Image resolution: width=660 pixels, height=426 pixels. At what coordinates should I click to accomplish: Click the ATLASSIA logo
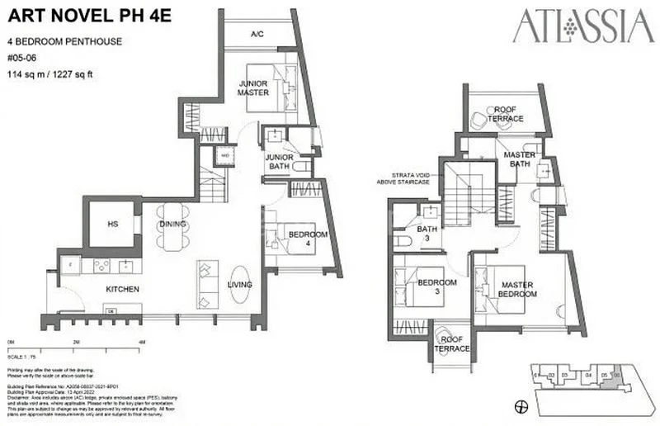(582, 26)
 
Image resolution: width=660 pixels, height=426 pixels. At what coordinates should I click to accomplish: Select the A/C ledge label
(257, 34)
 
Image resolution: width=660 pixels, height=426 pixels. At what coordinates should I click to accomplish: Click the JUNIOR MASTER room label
(254, 88)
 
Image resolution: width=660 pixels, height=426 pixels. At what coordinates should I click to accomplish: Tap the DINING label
(172, 225)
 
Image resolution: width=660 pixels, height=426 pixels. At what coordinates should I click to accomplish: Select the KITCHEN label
(122, 289)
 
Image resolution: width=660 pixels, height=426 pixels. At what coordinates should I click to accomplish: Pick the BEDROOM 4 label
(308, 239)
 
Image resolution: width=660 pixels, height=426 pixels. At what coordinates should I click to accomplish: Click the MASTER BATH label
(520, 159)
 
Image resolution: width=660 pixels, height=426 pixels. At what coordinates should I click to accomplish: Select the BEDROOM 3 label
(437, 287)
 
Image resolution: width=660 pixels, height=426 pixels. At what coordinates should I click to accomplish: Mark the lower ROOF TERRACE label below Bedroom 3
(453, 343)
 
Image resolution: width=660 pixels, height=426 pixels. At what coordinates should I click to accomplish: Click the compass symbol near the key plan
(520, 406)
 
